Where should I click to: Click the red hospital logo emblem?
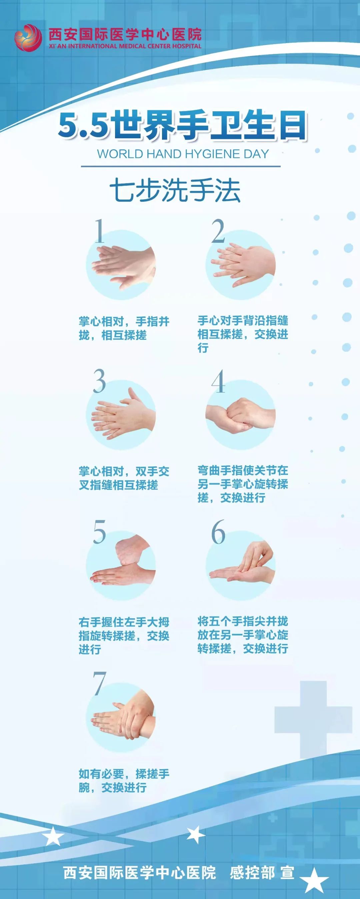[28, 38]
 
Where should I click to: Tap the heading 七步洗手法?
[175, 191]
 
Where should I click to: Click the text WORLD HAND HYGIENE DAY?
[183, 154]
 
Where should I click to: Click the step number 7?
[100, 683]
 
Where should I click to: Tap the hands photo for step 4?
[241, 415]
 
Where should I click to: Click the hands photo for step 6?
[241, 565]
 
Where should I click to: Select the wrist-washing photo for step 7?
[121, 716]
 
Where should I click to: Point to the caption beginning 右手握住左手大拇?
[124, 636]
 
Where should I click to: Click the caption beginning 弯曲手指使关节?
[243, 484]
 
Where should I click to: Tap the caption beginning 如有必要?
[124, 780]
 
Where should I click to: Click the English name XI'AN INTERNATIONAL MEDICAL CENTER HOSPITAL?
[125, 46]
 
